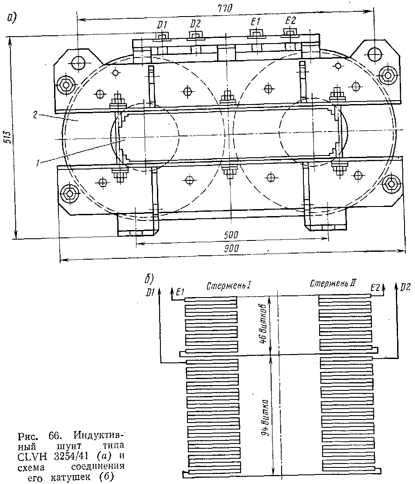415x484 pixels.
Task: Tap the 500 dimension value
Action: pos(231,235)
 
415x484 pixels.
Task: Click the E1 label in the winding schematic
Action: pos(178,291)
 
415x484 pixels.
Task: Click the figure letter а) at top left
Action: pos(11,18)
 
